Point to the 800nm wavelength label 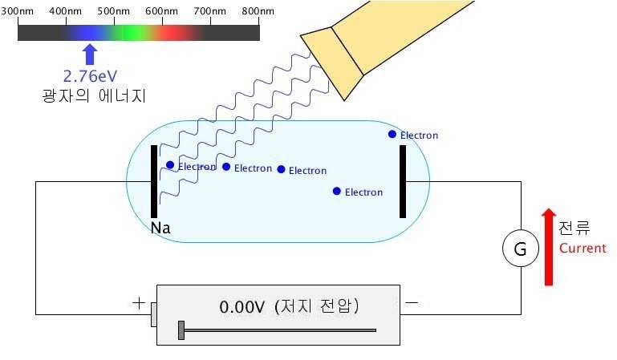tap(258, 13)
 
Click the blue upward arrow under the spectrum tap(90, 55)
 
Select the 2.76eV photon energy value tap(91, 76)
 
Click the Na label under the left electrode tap(160, 229)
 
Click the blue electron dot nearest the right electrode tap(392, 134)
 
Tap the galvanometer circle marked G tap(520, 249)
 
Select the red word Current tap(582, 249)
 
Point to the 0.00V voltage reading tap(242, 307)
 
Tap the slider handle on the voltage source tap(182, 330)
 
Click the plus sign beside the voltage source tap(138, 304)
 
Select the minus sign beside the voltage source tap(412, 304)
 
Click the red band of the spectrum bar tap(172, 33)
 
